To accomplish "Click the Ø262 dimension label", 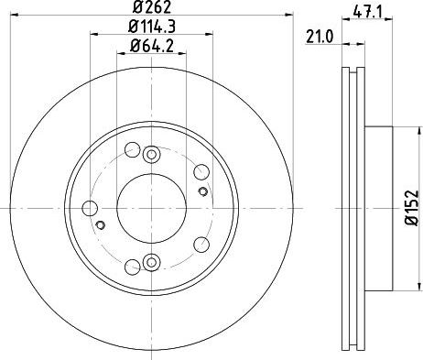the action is click(152, 7).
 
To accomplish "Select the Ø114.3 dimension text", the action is click(152, 27).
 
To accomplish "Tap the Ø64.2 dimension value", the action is click(152, 46).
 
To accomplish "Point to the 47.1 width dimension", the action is click(367, 12).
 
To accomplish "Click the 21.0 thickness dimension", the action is click(320, 38).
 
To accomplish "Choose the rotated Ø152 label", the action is click(413, 208).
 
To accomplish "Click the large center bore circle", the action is click(151, 209).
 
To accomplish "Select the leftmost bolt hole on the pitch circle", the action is click(90, 209).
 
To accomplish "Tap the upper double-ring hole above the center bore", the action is click(151, 155).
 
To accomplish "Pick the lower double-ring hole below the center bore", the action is click(151, 262).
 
